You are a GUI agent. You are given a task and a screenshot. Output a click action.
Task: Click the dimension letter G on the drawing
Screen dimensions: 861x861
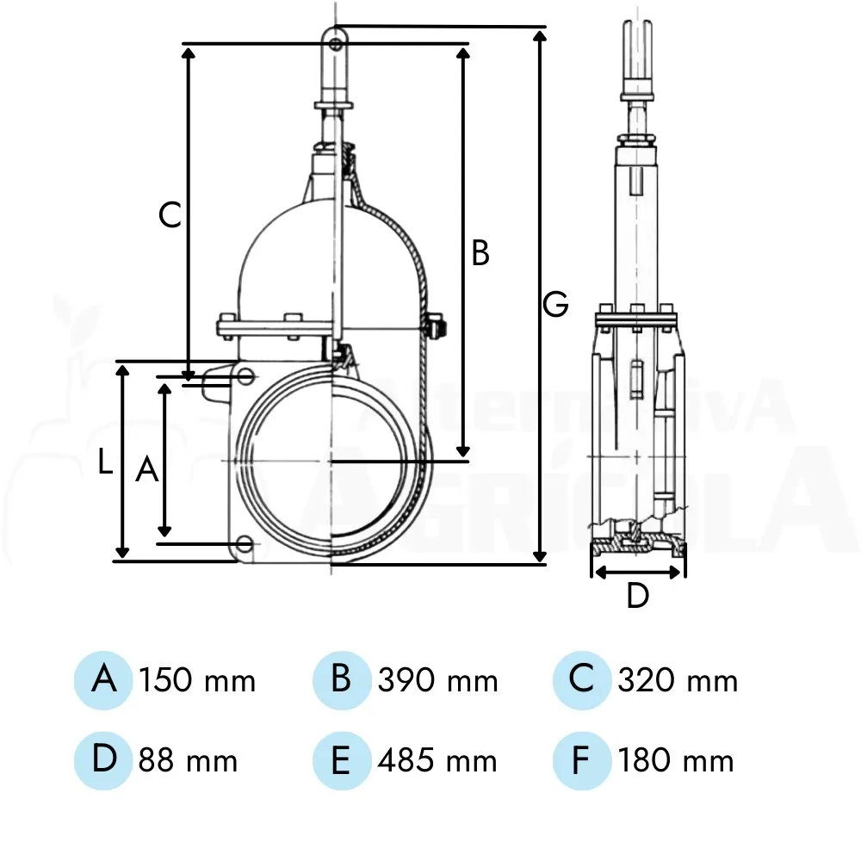pyautogui.click(x=555, y=304)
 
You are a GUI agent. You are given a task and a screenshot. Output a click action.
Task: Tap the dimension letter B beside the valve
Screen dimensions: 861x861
pyautogui.click(x=480, y=253)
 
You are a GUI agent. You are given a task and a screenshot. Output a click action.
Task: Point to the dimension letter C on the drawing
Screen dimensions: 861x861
pyautogui.click(x=170, y=214)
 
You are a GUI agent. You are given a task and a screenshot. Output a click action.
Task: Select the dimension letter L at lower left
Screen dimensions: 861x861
pyautogui.click(x=105, y=461)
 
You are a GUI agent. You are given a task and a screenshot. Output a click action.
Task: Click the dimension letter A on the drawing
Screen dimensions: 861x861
pyautogui.click(x=147, y=469)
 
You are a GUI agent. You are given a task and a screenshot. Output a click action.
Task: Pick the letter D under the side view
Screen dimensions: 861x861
pyautogui.click(x=637, y=595)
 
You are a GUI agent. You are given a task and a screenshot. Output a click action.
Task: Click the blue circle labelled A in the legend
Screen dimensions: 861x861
pyautogui.click(x=103, y=680)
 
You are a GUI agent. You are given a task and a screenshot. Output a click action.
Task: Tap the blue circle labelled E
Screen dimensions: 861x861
pyautogui.click(x=342, y=760)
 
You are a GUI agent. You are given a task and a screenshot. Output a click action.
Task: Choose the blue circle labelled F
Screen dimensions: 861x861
pyautogui.click(x=581, y=760)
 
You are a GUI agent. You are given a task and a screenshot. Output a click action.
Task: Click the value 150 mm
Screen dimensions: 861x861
pyautogui.click(x=197, y=680)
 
